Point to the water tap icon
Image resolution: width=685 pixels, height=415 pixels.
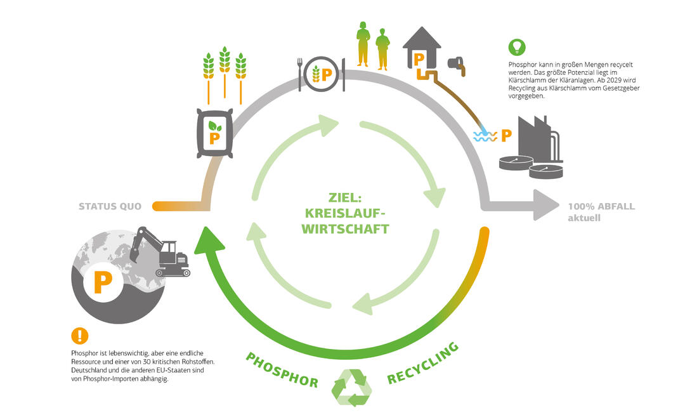pos(457,65)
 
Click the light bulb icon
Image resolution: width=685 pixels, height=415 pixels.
pos(517,46)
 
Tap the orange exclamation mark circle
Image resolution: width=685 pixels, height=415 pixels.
pos(79,336)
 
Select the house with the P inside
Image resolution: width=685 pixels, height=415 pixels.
pos(421,50)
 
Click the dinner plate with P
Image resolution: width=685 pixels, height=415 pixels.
pos(322,74)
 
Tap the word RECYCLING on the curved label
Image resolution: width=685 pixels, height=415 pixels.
pos(423,364)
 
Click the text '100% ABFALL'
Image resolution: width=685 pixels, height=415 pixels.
pos(601,206)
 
